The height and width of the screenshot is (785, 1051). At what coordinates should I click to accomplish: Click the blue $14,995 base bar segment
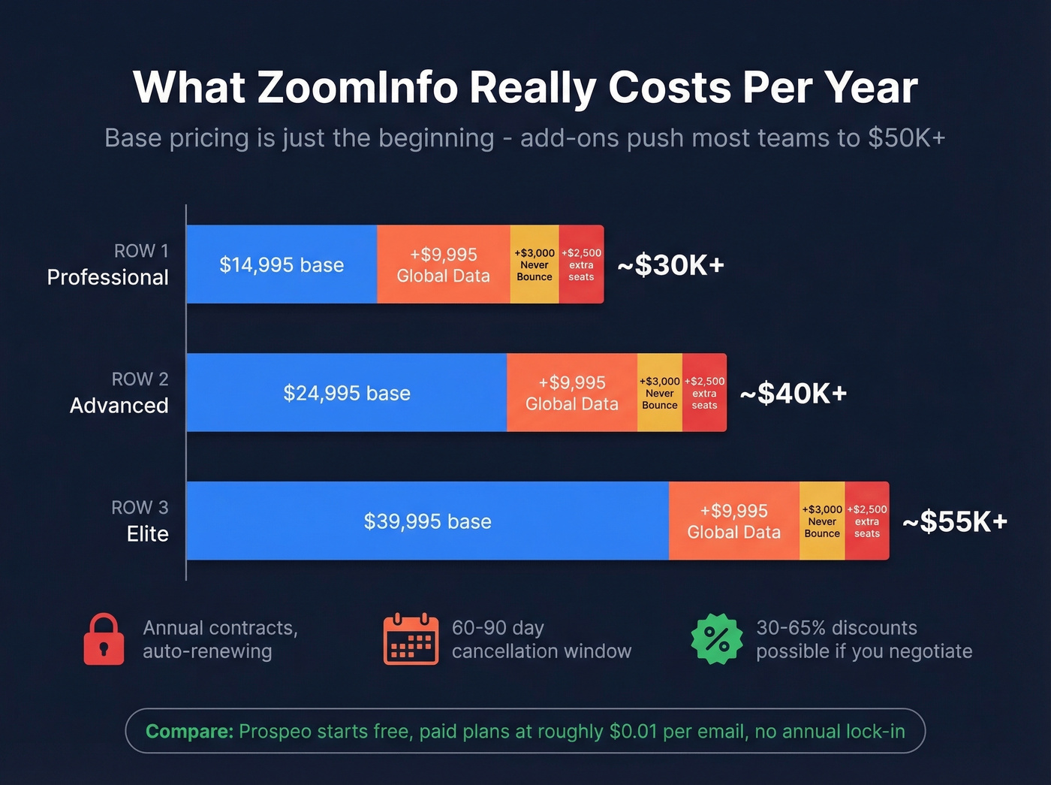282,264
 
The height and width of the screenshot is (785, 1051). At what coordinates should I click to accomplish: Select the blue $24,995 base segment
346,393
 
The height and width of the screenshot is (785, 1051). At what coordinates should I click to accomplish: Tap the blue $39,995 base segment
427,521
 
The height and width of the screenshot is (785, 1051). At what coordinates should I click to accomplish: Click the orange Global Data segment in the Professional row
443,264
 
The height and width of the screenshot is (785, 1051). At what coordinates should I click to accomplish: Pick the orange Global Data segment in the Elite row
733,521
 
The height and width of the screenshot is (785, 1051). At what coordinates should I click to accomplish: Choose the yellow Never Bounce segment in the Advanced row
659,393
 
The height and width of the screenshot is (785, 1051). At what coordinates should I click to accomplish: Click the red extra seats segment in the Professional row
581,264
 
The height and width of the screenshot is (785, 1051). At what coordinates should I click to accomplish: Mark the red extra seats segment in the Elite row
866,521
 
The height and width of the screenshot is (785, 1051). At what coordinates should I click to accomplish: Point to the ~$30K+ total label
670,265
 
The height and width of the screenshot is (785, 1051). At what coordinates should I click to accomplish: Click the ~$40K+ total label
794,394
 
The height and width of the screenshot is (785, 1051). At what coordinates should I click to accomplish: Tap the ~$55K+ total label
955,522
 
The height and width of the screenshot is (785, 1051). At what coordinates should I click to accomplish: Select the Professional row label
107,277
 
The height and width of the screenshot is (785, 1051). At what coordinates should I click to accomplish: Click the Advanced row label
119,406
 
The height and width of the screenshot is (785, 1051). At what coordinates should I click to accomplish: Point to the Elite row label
147,534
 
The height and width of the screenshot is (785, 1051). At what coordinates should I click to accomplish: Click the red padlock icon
104,639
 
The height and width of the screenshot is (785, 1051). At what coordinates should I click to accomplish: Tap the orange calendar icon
411,639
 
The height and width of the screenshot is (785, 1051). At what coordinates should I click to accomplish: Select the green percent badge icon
716,639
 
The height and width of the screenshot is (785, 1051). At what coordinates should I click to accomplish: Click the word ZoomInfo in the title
357,88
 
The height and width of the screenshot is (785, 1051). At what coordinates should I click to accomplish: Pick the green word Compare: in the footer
189,731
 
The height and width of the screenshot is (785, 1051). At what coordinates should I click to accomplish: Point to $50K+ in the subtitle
906,138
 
